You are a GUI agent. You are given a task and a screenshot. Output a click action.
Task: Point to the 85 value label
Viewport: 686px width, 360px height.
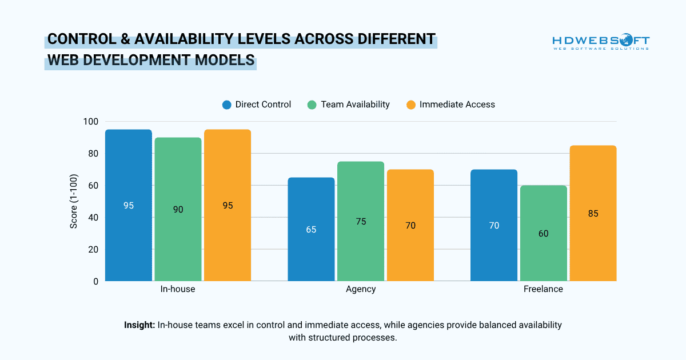pyautogui.click(x=593, y=214)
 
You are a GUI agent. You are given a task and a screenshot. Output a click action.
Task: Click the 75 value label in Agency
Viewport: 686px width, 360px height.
pyautogui.click(x=361, y=222)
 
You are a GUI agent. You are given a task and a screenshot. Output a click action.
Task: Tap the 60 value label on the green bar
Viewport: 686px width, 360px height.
pyautogui.click(x=544, y=234)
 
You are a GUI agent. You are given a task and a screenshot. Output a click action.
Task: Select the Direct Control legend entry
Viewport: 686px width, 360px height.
pyautogui.click(x=257, y=105)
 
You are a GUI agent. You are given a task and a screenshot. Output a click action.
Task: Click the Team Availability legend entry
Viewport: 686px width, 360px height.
pyautogui.click(x=348, y=105)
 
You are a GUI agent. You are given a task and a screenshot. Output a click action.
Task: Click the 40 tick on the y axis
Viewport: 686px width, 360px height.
pyautogui.click(x=93, y=218)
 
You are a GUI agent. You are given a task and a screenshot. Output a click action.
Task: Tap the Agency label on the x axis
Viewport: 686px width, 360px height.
pyautogui.click(x=361, y=289)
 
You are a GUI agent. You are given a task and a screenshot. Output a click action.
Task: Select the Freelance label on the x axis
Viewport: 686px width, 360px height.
pyautogui.click(x=543, y=289)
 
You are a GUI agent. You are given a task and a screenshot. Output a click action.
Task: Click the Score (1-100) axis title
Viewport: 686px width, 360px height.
pyautogui.click(x=74, y=201)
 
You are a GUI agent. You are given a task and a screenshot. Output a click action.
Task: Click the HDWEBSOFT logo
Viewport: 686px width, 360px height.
pyautogui.click(x=600, y=43)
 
